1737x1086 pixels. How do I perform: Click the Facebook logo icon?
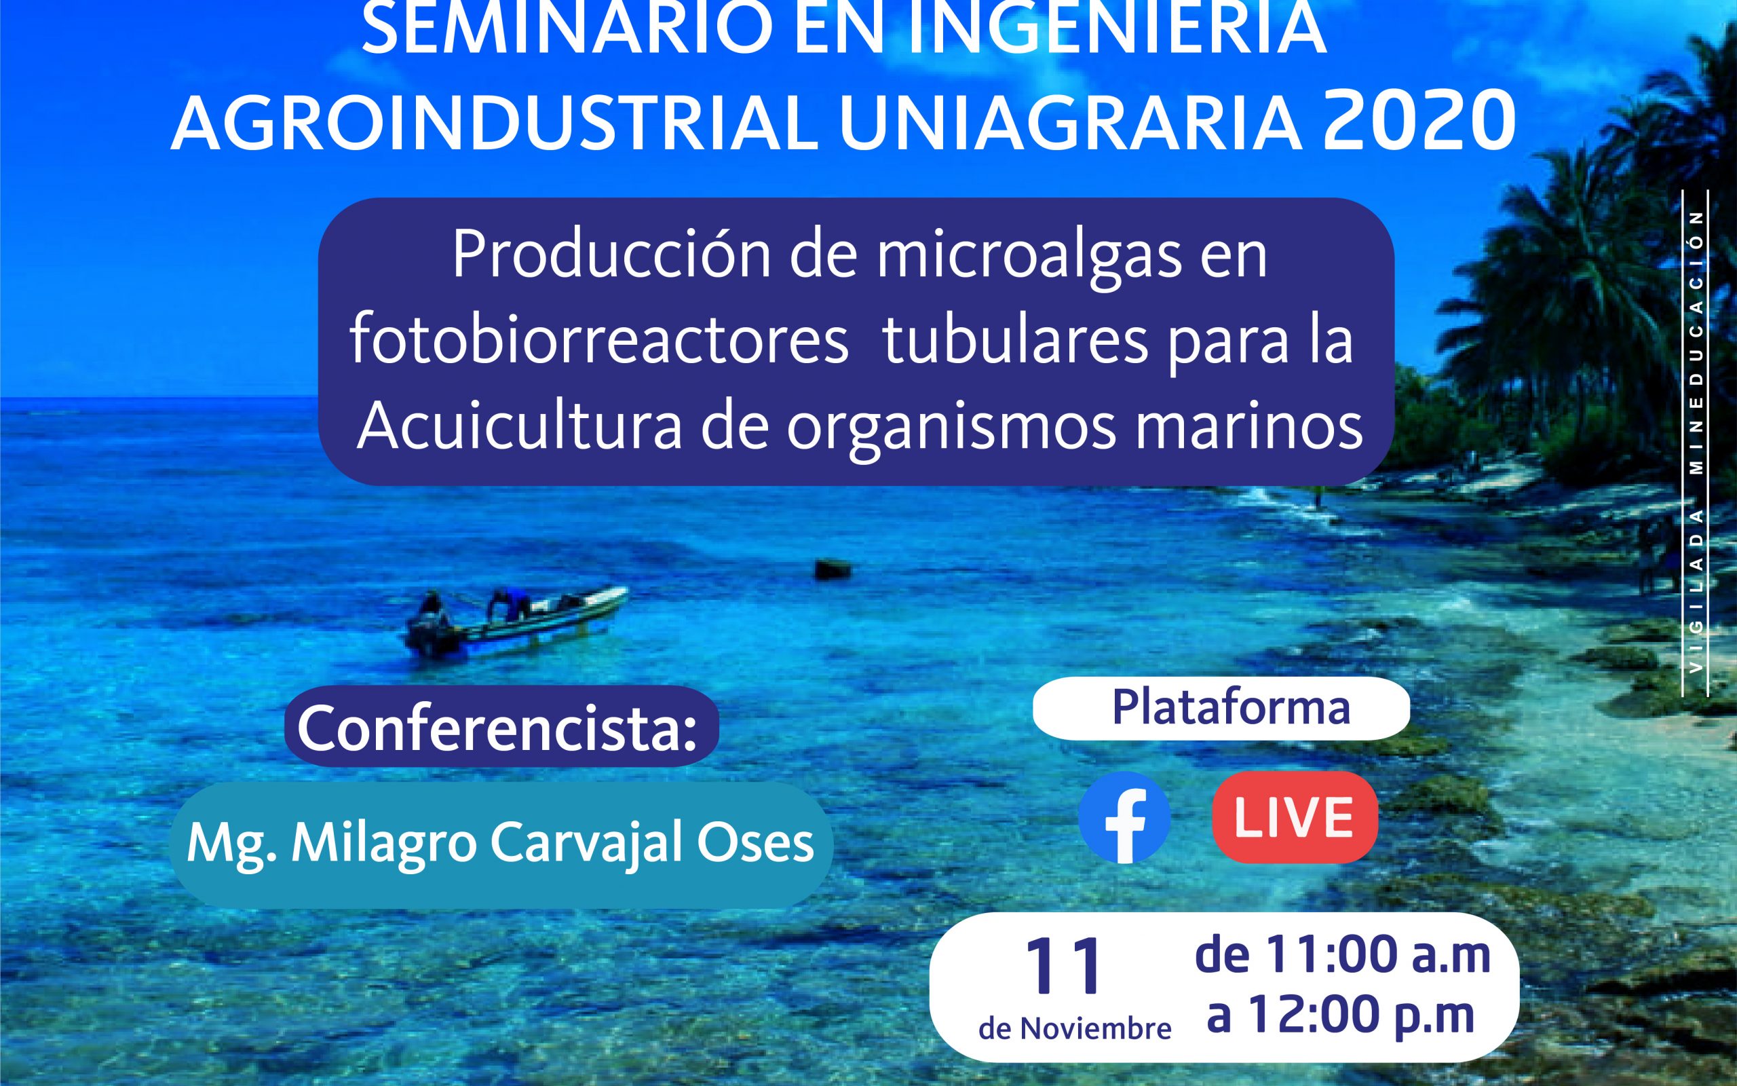(x=1124, y=817)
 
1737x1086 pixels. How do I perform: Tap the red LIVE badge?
(x=1295, y=817)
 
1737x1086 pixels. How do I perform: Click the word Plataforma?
(x=1231, y=708)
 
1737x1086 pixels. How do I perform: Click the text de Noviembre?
(x=1075, y=1030)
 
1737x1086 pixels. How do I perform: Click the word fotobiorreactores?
(x=599, y=341)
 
